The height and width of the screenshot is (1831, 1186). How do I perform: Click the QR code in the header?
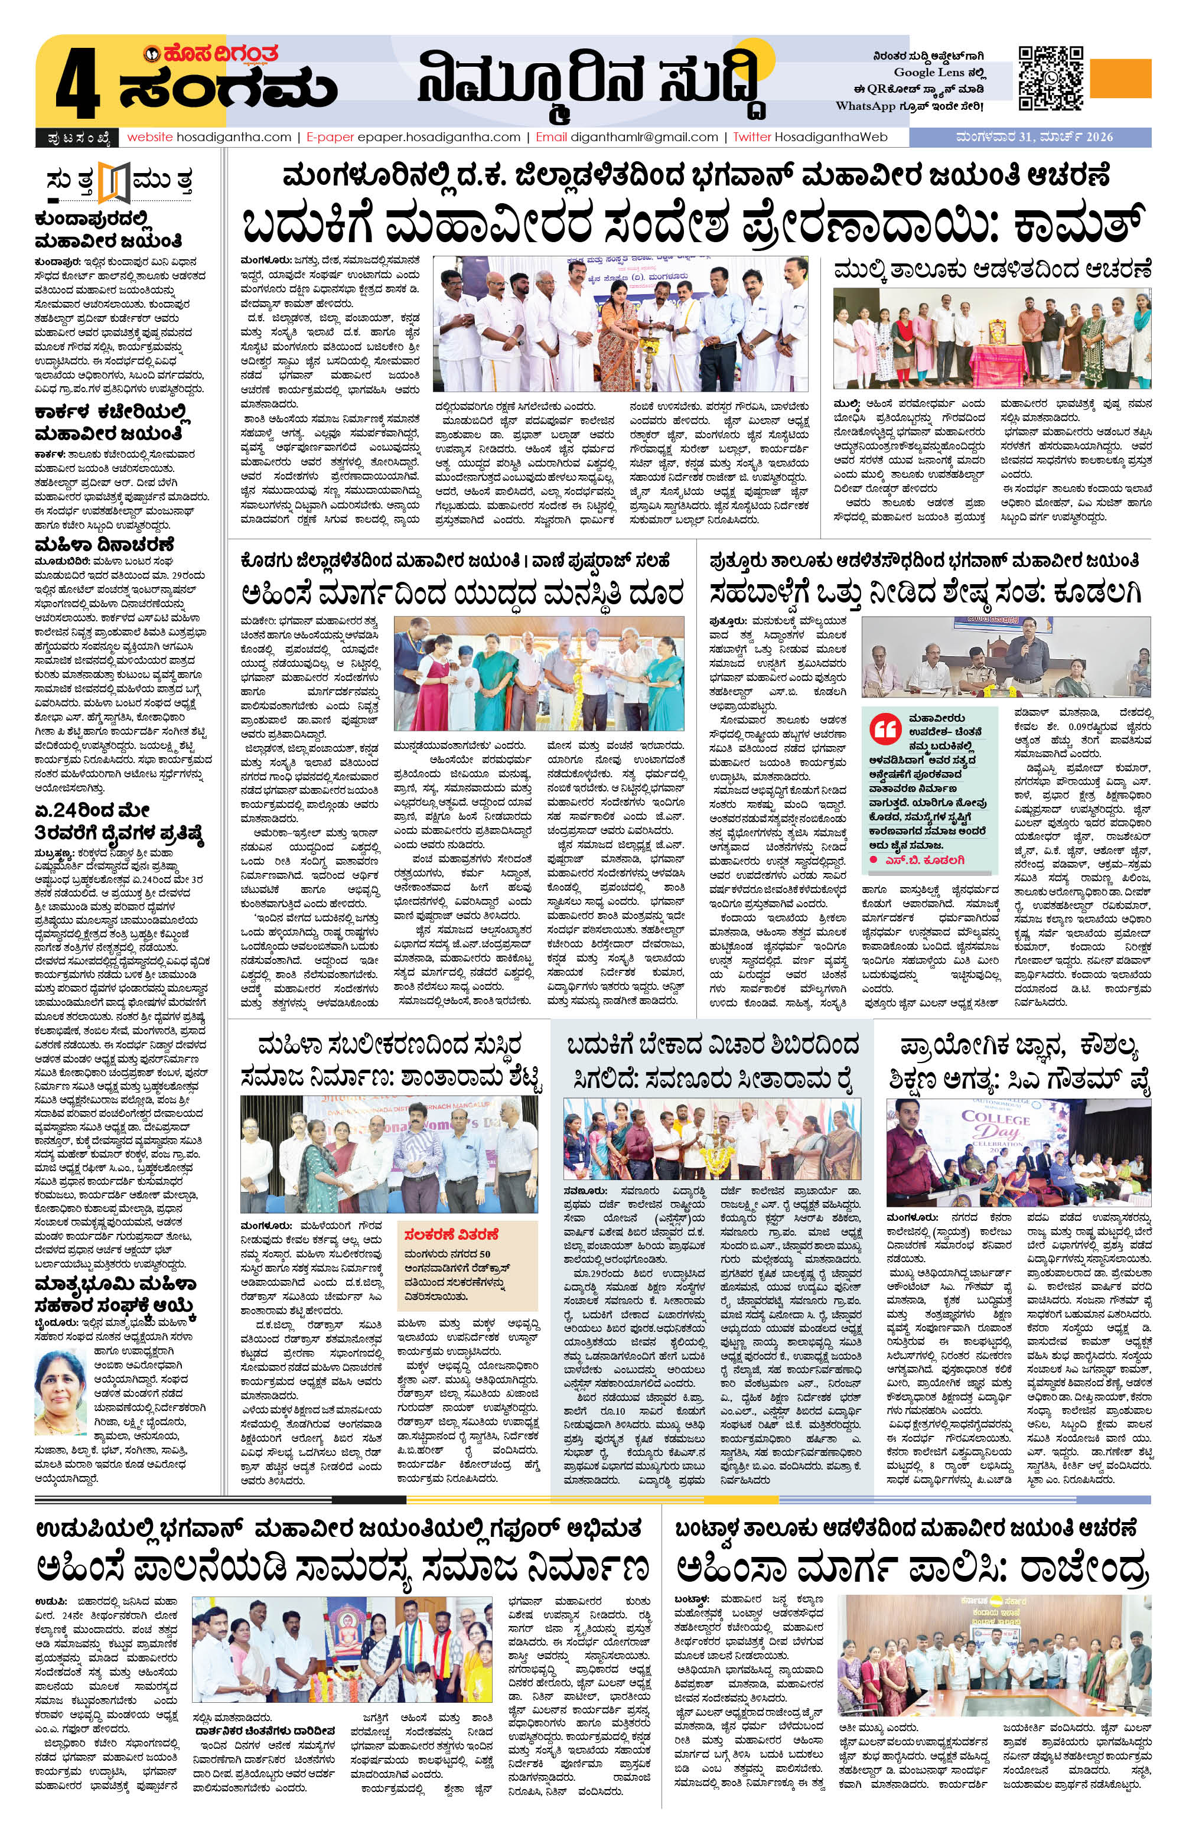1051,78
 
